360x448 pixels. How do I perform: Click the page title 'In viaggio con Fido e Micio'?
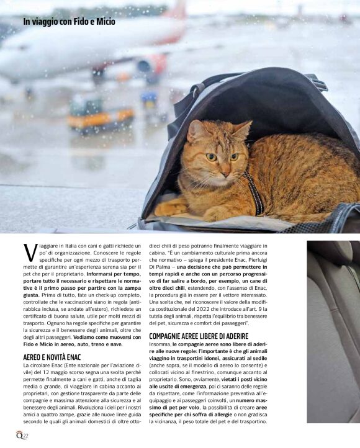(69, 22)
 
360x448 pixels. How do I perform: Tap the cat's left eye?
(211, 156)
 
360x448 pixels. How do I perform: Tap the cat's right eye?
(234, 156)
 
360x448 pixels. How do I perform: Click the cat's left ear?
(195, 128)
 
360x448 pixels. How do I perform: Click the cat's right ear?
(243, 130)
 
